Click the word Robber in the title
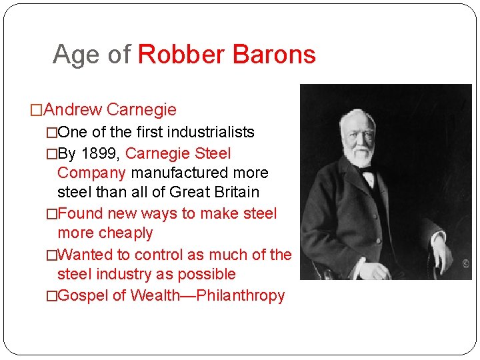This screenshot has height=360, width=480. [178, 55]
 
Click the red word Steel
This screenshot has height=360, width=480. [213, 153]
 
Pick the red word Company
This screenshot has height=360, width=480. [92, 173]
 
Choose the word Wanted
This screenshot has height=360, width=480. [85, 255]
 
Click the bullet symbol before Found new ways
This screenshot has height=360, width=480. [51, 214]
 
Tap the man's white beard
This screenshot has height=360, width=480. [360, 156]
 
